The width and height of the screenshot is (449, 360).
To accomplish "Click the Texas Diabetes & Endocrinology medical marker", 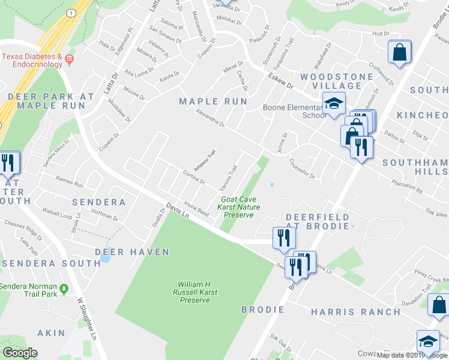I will (x=70, y=59).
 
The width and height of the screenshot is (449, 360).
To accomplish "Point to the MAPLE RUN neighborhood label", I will (x=213, y=102).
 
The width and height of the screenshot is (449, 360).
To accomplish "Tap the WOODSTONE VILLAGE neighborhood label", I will (x=331, y=81).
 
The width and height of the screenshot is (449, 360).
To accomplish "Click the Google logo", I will (x=20, y=353).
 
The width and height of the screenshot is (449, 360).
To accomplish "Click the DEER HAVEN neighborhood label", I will (x=131, y=252).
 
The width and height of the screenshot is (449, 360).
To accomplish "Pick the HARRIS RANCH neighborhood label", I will (x=355, y=312).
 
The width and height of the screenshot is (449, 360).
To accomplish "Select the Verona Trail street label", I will (x=230, y=178).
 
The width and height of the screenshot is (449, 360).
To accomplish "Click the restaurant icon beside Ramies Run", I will (x=8, y=163).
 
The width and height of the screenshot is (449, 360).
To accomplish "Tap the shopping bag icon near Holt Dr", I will (x=399, y=52).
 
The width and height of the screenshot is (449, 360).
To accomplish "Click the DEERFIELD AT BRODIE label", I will (x=317, y=221).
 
